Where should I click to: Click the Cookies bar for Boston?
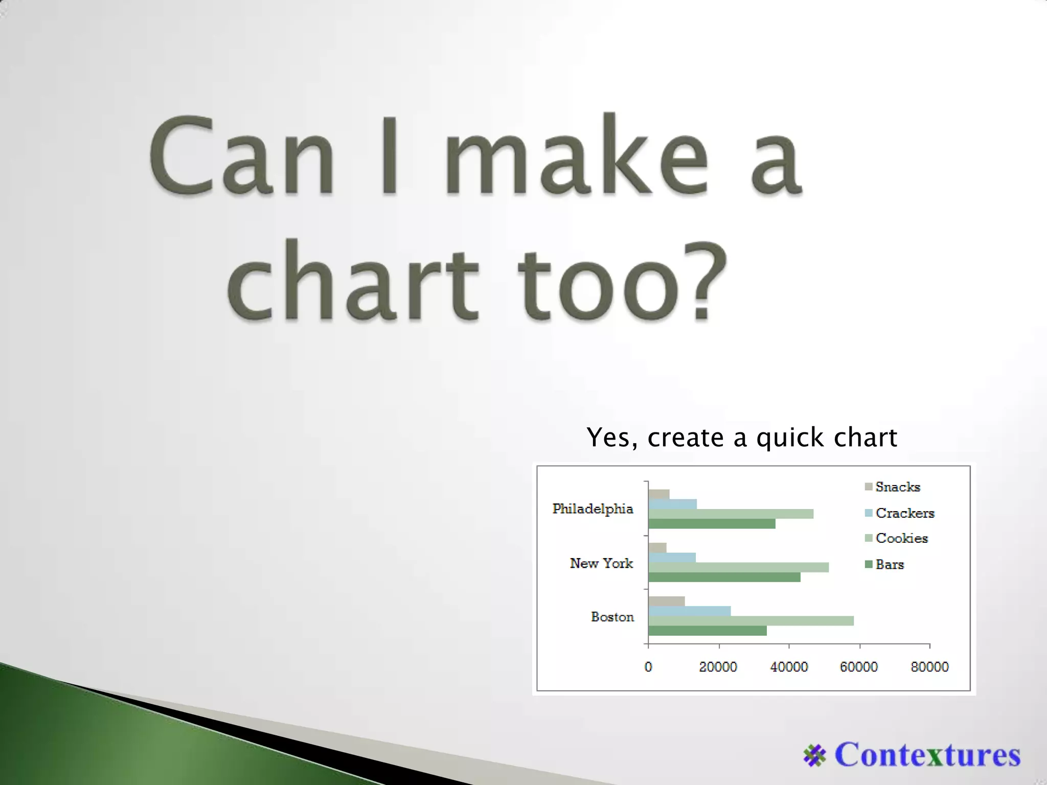pos(750,620)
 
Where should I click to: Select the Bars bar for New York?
pos(724,577)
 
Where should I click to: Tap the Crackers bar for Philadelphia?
pos(672,504)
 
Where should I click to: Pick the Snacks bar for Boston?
pos(666,601)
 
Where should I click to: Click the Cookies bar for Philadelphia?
pos(731,514)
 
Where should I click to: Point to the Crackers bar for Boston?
pos(689,611)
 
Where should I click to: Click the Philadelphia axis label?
pos(593,509)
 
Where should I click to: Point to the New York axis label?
pos(601,563)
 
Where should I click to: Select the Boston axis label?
pos(612,617)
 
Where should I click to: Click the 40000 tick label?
pos(789,667)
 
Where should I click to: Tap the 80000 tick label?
pos(929,667)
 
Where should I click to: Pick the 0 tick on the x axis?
pos(648,667)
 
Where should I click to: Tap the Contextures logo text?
pos(927,754)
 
